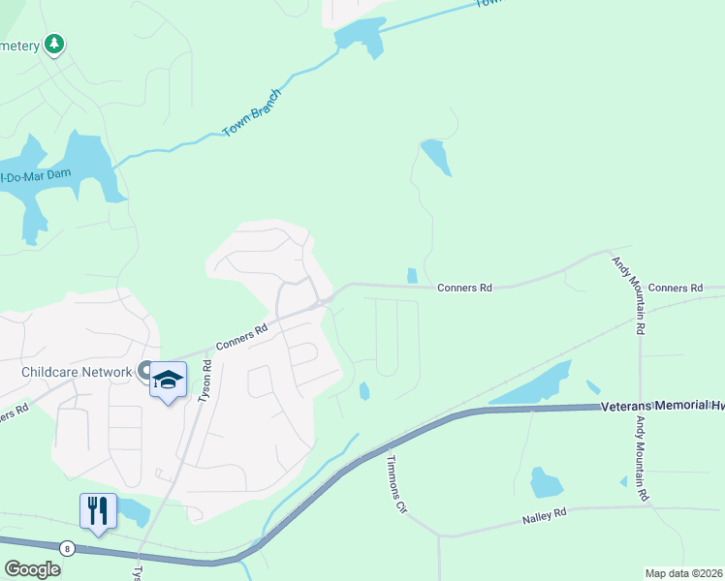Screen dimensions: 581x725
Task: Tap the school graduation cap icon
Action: pos(168,380)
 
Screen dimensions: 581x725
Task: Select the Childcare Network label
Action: pos(76,372)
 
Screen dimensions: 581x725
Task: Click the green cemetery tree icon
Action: pos(56,44)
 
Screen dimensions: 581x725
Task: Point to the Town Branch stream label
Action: pos(252,112)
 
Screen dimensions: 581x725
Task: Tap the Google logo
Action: pos(32,568)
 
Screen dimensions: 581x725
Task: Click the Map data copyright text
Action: pos(683,573)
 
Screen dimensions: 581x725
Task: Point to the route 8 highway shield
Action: pos(67,548)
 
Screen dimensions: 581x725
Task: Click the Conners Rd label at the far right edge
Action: pos(676,289)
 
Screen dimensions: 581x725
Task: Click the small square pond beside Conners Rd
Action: pos(412,276)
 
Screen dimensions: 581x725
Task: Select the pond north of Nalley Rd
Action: pos(546,482)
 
